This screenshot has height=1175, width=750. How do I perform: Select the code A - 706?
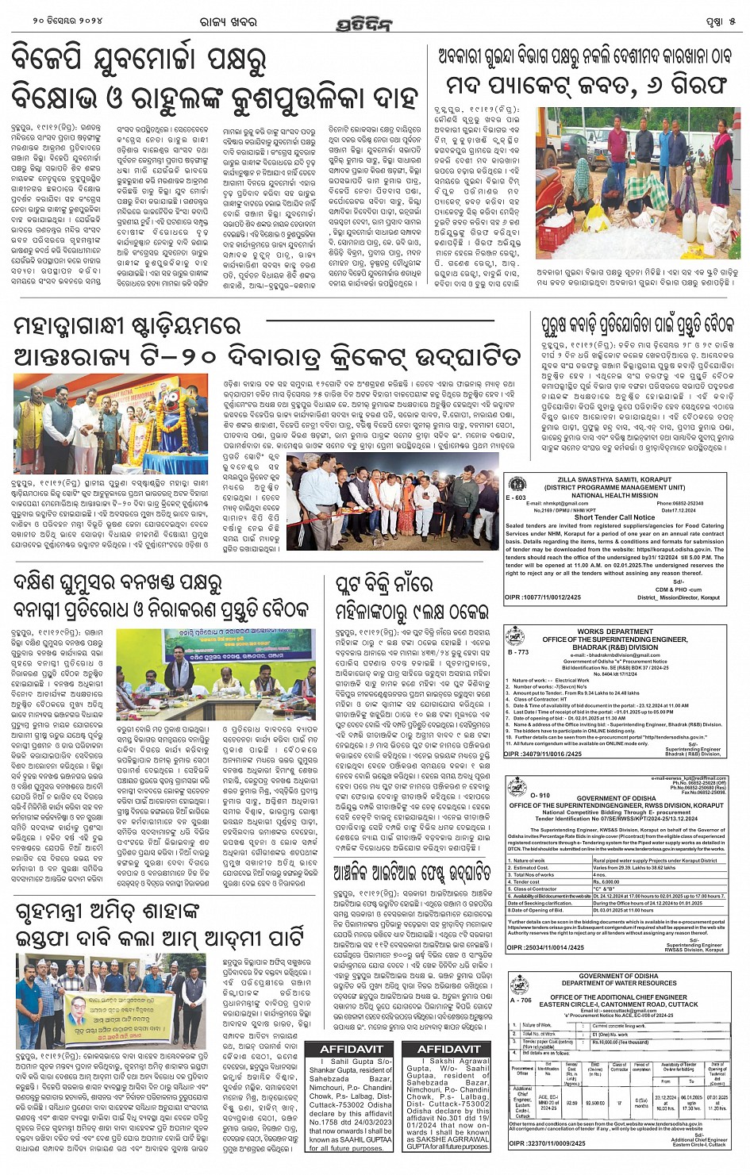coord(521,1000)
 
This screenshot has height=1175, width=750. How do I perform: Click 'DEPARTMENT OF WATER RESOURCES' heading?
coord(618,983)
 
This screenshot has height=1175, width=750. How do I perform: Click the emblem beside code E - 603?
coord(517,484)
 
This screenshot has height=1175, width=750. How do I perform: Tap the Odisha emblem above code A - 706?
coord(520,985)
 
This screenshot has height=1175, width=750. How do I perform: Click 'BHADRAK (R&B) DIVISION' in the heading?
coord(615,647)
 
